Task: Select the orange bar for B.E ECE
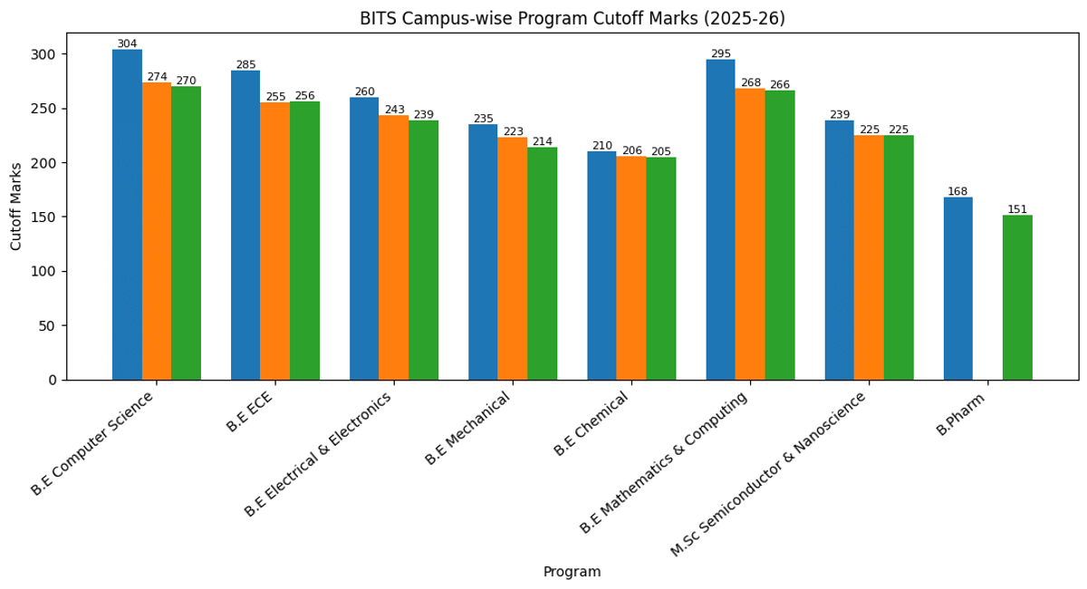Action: tap(275, 241)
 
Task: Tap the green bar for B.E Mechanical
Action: tap(542, 264)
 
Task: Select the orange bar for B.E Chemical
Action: tap(631, 268)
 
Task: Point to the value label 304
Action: tap(127, 43)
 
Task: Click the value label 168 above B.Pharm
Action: tap(957, 191)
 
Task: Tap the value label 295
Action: tap(720, 53)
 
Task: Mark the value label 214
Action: tap(542, 141)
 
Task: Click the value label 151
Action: tap(1017, 209)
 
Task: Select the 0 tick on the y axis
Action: tap(54, 380)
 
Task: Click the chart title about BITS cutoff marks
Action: tap(572, 19)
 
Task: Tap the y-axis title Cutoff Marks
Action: tap(16, 207)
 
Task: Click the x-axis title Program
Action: tap(572, 572)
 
